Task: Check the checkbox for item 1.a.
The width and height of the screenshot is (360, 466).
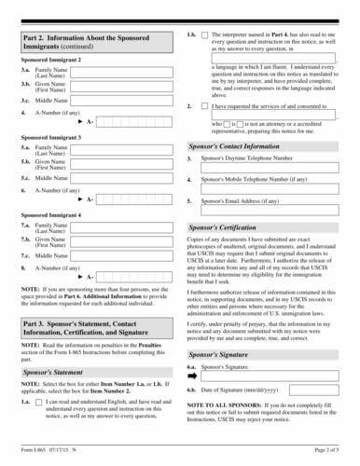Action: pos(39,428)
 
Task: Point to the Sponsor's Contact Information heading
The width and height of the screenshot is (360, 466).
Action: pos(241,146)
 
